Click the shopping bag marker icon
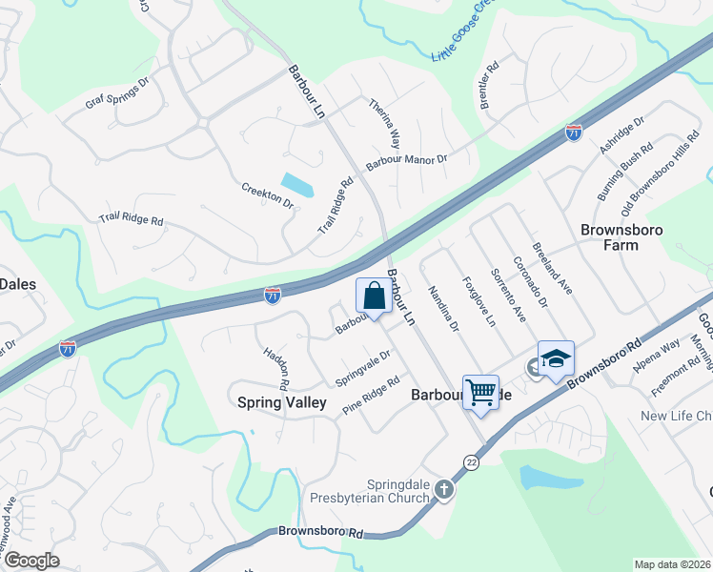pos(374,296)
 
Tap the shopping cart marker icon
pos(480,392)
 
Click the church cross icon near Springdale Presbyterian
pos(443,489)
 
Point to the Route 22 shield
pos(471,461)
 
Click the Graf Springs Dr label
pos(117,95)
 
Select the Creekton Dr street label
pos(267,195)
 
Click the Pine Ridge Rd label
pos(371,394)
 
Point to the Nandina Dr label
pos(443,310)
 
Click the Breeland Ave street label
pos(552,271)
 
